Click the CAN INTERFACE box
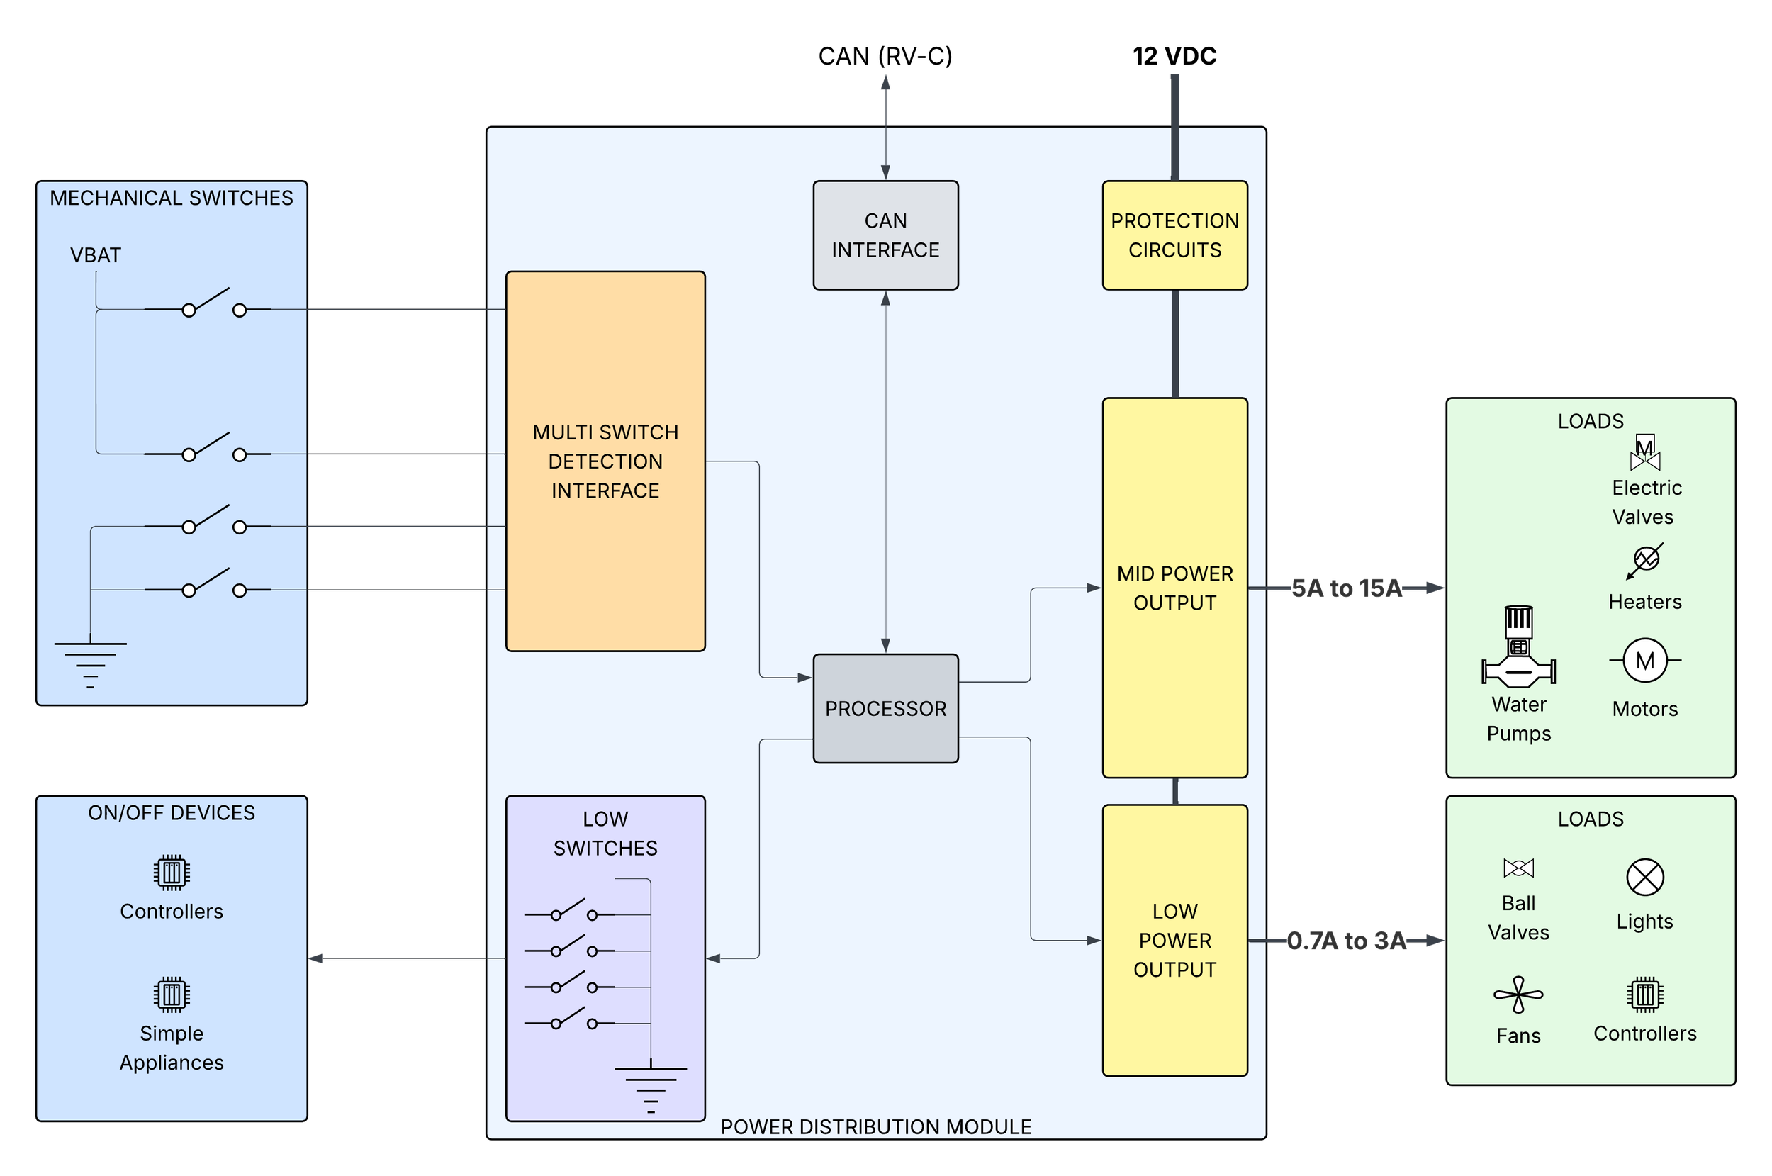coord(885,235)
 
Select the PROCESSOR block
coord(885,708)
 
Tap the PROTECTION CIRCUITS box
coord(1174,235)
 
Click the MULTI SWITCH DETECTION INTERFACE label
coord(605,461)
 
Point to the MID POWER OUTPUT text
coord(1174,588)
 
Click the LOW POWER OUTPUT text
coord(1174,940)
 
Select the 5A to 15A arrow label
coord(1346,589)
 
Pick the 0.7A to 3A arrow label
coord(1346,941)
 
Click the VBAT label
coord(95,255)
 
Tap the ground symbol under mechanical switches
coord(90,663)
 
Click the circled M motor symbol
coord(1644,661)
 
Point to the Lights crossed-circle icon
coord(1644,877)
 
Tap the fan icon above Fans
coord(1518,995)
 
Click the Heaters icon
coord(1645,560)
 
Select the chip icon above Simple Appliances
coord(172,995)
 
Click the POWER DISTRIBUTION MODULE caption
coord(875,1126)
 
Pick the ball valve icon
coord(1518,868)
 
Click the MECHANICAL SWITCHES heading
coord(171,198)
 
